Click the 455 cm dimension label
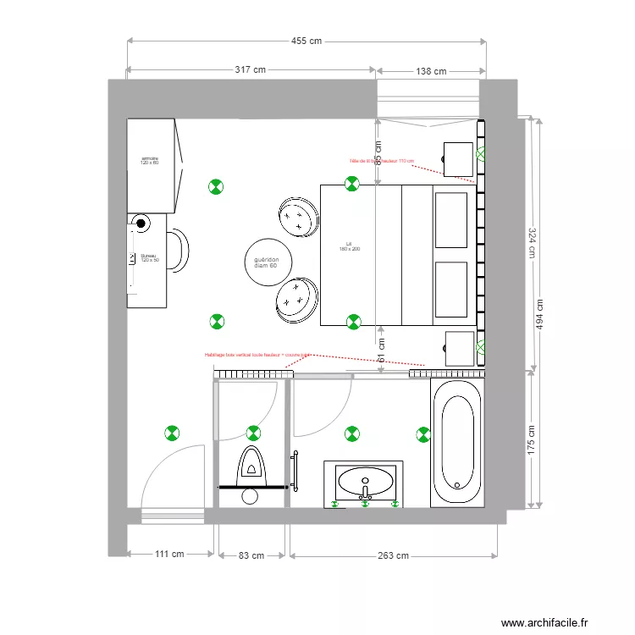tap(306, 41)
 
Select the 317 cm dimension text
tap(250, 71)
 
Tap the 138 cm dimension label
tap(431, 72)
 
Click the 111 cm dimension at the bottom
tap(169, 555)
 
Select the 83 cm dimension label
tap(250, 556)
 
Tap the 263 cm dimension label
tap(394, 556)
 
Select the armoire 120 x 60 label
tap(150, 161)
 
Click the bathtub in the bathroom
tap(456, 443)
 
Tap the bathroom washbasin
tap(365, 483)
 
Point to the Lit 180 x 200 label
tap(350, 246)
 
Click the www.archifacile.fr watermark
tap(544, 622)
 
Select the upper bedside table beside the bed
tap(458, 158)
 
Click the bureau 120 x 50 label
tap(150, 257)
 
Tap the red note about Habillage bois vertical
tap(257, 356)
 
